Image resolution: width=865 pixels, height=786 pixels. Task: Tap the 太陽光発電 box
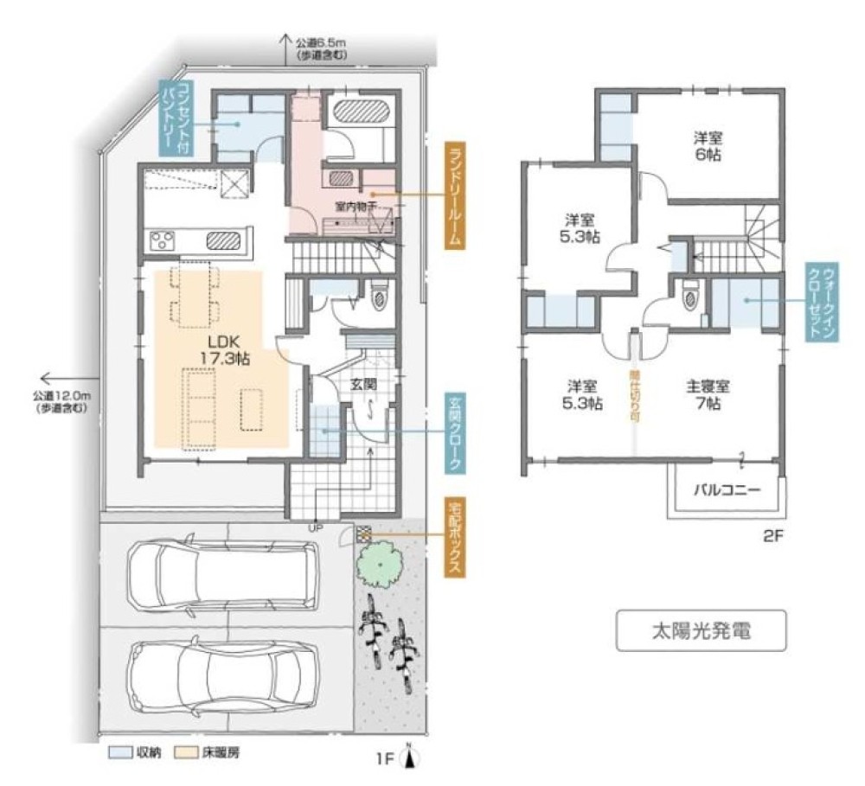[x=701, y=629]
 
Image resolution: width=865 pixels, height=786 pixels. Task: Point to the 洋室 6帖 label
[x=709, y=146]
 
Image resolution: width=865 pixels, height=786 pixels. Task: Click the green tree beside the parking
[x=378, y=565]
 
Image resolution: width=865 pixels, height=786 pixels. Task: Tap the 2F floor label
[x=772, y=534]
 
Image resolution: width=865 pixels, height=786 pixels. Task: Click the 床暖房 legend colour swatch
[x=185, y=751]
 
